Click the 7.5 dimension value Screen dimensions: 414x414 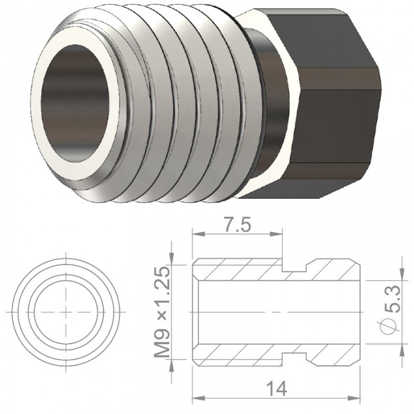click(237, 224)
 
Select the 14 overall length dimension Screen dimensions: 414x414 click(276, 389)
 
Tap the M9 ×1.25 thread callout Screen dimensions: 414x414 click(162, 312)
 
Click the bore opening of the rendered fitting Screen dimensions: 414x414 click(75, 103)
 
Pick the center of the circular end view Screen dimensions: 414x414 click(66, 312)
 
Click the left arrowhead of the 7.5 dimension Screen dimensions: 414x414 click(199, 234)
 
